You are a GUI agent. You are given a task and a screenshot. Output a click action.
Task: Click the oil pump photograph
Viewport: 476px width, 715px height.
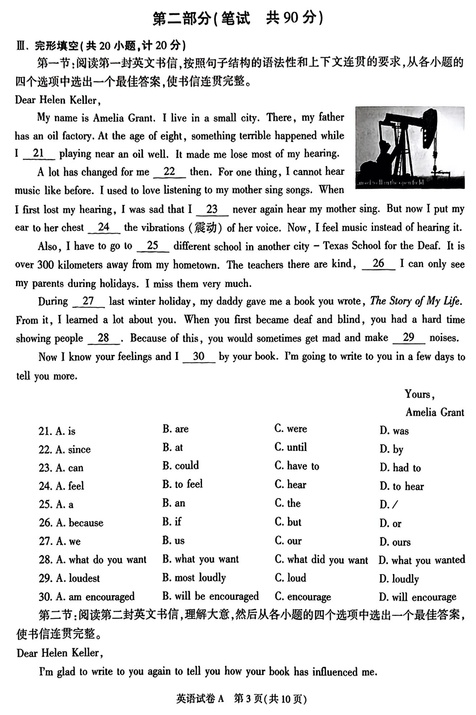[x=410, y=147]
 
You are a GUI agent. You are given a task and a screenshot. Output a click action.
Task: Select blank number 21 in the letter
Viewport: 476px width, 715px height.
[x=39, y=154]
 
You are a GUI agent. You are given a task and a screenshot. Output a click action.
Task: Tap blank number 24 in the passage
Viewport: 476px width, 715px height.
[x=104, y=228]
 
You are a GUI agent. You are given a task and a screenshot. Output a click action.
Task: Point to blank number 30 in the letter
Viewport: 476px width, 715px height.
[x=199, y=357]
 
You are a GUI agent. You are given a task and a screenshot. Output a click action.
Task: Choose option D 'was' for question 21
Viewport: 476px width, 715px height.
[x=394, y=431]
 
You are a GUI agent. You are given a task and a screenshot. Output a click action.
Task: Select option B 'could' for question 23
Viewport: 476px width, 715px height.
[x=180, y=466]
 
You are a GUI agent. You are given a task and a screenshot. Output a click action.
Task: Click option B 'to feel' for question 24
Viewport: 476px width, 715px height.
[x=183, y=484]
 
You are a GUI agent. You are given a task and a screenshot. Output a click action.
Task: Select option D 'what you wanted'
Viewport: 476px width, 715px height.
[x=422, y=560]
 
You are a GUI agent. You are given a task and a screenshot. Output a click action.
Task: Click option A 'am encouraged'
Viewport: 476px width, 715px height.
[x=86, y=597]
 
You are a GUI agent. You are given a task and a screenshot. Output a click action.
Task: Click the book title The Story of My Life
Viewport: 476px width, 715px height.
[x=415, y=301]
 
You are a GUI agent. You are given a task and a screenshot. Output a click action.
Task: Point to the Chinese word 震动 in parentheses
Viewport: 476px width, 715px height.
[x=205, y=228]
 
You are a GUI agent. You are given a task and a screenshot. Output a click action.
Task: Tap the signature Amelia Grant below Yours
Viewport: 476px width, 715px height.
[x=434, y=412]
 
